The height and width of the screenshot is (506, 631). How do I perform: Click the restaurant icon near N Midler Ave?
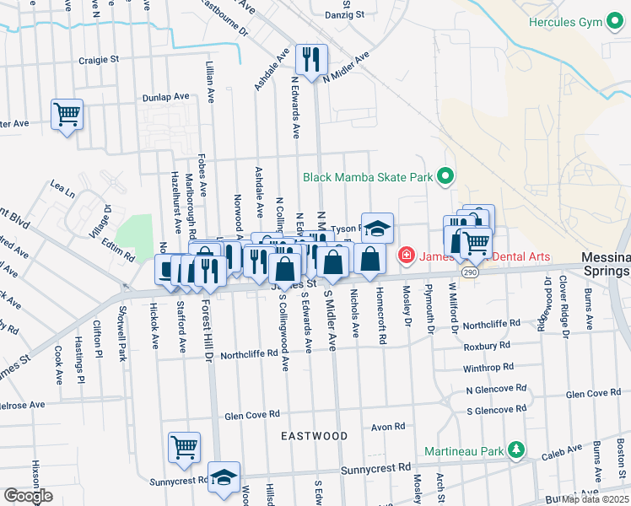310,58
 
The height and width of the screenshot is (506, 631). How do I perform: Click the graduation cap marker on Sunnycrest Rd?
224,476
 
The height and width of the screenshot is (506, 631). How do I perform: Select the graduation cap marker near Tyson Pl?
377,228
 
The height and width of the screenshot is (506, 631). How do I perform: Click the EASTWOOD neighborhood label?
315,436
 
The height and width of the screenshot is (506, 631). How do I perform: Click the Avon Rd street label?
388,427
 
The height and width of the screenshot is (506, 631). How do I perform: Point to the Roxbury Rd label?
487,346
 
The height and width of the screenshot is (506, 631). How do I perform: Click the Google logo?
28,496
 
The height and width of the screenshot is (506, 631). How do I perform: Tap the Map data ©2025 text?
594,499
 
